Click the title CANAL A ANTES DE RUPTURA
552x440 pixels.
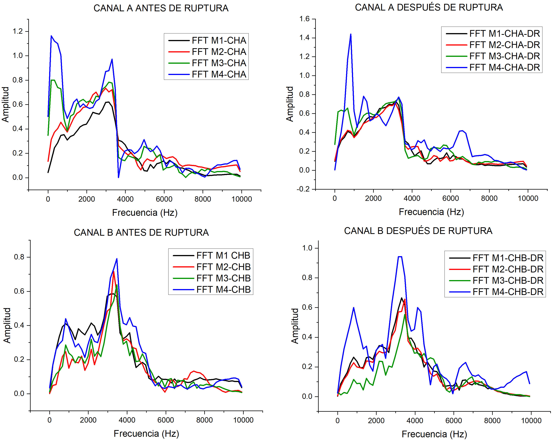(161, 8)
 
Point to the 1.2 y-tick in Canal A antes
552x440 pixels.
(18, 31)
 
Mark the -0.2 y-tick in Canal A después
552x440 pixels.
(303, 189)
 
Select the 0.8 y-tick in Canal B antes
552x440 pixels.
(19, 257)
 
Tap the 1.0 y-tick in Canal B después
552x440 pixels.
(307, 248)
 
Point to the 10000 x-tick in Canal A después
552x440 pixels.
(528, 198)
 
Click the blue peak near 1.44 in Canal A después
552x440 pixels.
(351, 34)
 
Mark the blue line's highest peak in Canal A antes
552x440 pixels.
(51, 36)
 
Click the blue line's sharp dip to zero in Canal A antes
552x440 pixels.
(118, 177)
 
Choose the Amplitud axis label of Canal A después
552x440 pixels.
(290, 104)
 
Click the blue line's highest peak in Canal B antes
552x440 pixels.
(117, 259)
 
